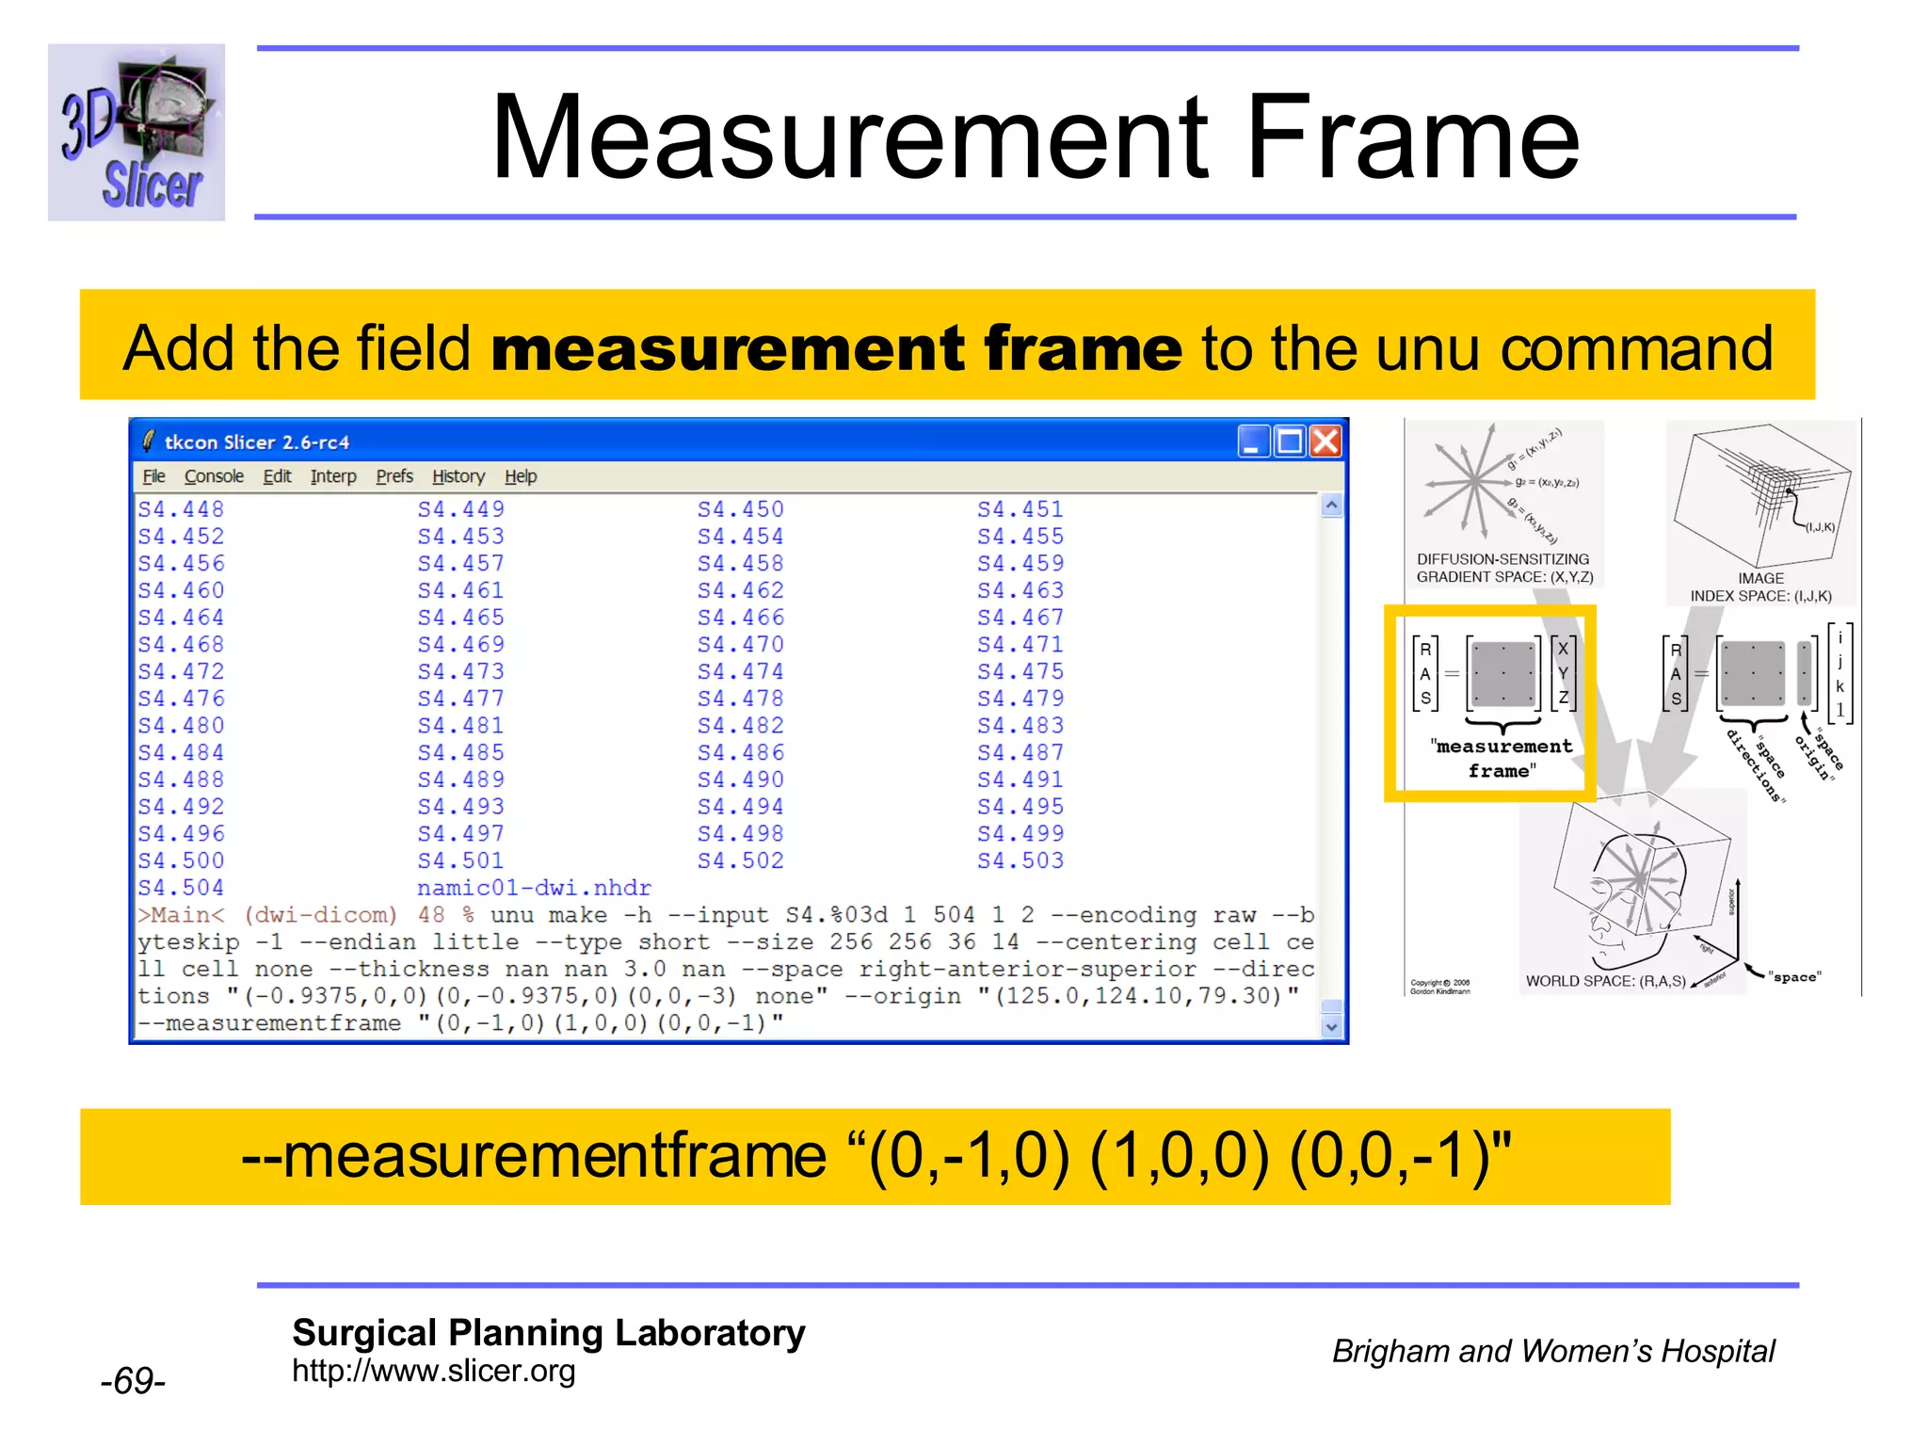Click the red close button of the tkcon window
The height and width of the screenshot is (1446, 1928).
pyautogui.click(x=1325, y=441)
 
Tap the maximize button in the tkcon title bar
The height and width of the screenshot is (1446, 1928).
pyautogui.click(x=1289, y=441)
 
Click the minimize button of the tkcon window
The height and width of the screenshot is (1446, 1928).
pyautogui.click(x=1252, y=441)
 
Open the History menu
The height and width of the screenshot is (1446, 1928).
pyautogui.click(x=458, y=476)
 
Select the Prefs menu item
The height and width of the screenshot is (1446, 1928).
pyautogui.click(x=394, y=476)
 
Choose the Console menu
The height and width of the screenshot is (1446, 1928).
pyautogui.click(x=214, y=476)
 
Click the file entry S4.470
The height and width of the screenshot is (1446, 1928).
pyautogui.click(x=740, y=645)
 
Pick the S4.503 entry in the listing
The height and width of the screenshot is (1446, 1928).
pyautogui.click(x=1020, y=860)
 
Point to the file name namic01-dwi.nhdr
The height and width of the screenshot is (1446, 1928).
pyautogui.click(x=534, y=888)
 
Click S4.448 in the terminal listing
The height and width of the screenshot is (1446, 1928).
pyautogui.click(x=181, y=509)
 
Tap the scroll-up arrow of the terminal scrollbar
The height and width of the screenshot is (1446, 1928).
pyautogui.click(x=1331, y=506)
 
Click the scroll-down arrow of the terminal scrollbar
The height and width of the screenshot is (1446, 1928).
pyautogui.click(x=1331, y=1027)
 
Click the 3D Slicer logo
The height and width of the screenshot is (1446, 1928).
pyautogui.click(x=137, y=133)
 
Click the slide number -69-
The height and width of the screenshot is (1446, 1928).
pyautogui.click(x=133, y=1381)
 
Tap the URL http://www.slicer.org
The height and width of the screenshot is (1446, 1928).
pyautogui.click(x=433, y=1371)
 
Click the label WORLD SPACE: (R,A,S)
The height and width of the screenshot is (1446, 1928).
pyautogui.click(x=1605, y=981)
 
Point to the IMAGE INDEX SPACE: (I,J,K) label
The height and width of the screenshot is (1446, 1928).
pyautogui.click(x=1760, y=587)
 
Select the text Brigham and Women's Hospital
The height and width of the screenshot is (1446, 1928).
pyautogui.click(x=1553, y=1351)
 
